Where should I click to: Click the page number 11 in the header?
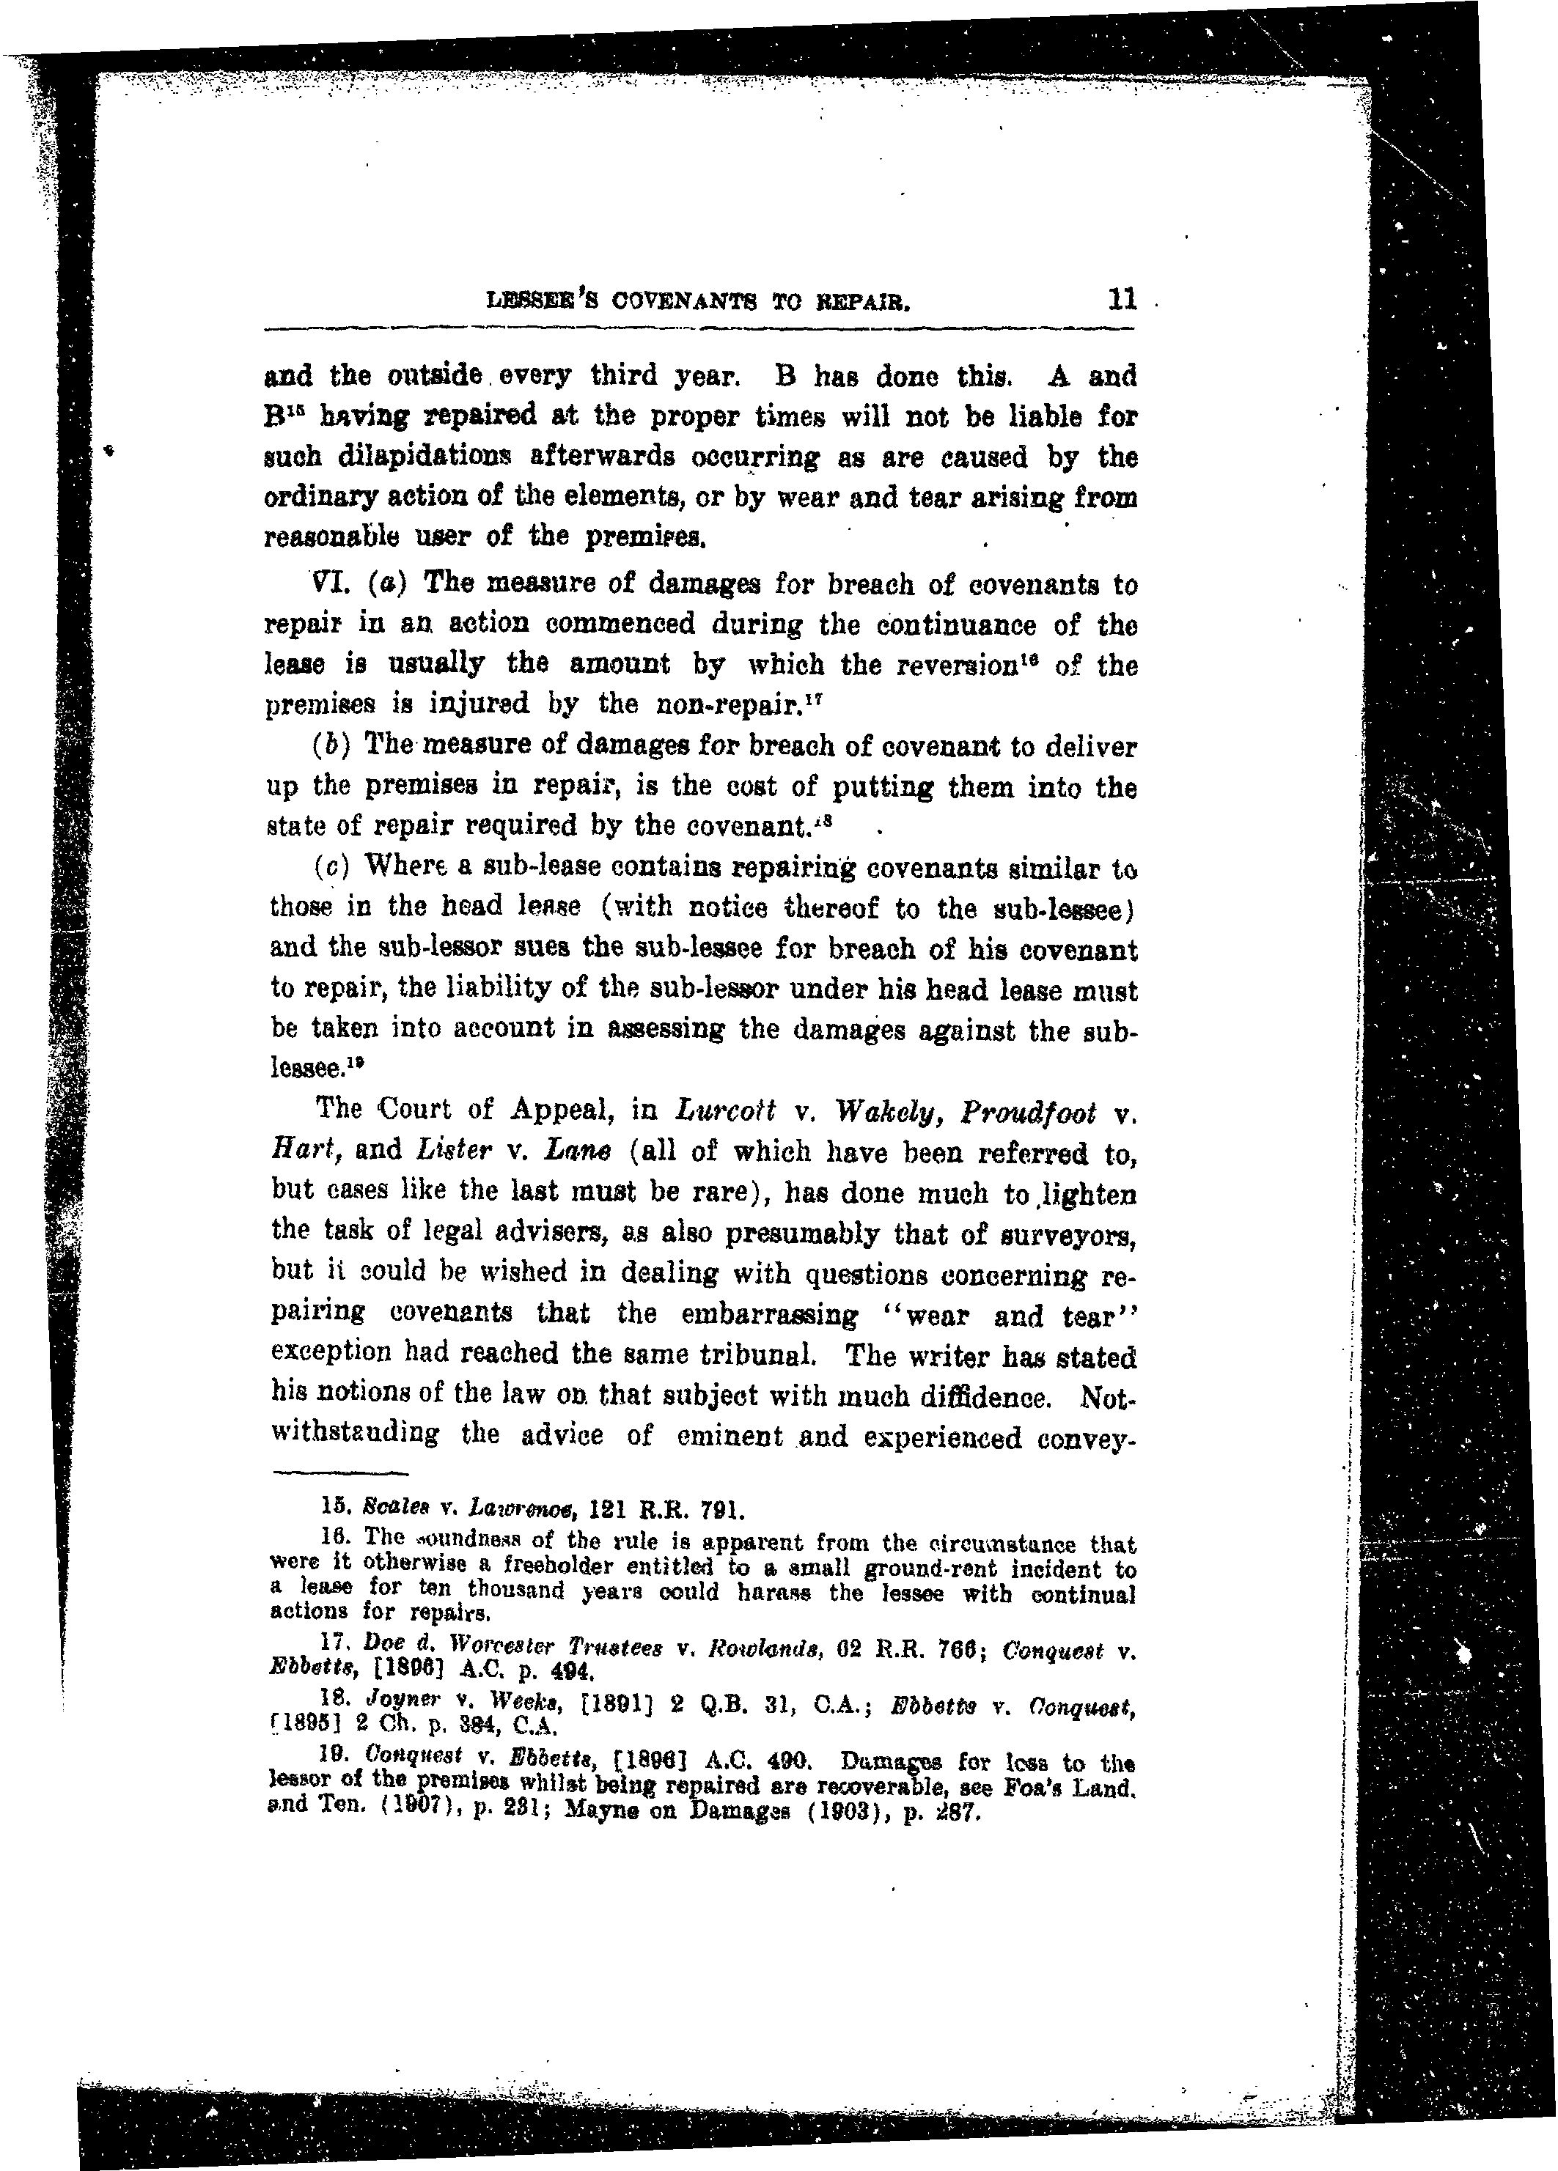click(1121, 300)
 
